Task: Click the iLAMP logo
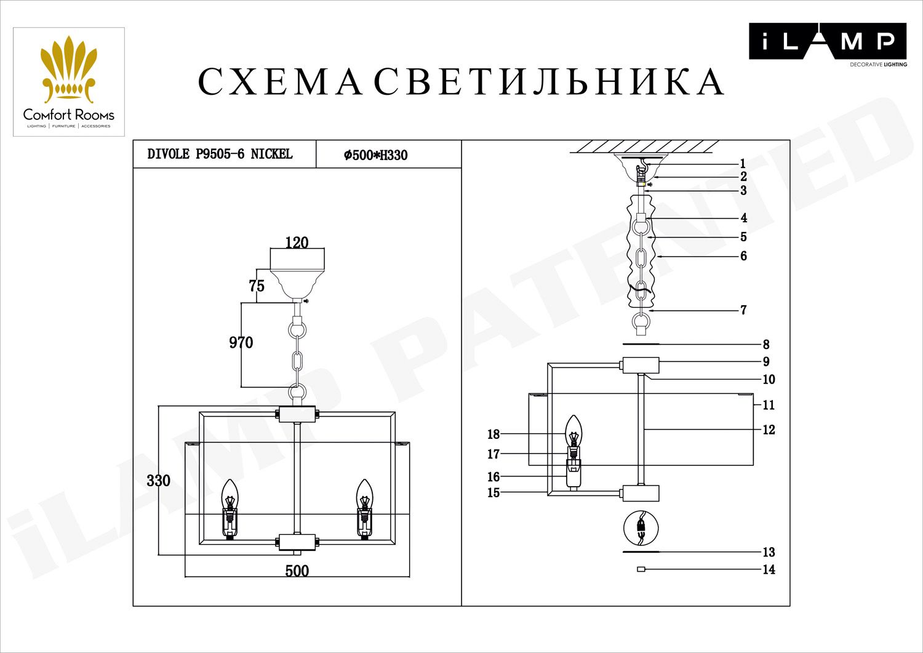(827, 41)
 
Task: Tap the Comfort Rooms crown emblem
(69, 70)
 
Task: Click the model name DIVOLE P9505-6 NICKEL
(220, 154)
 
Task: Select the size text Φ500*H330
(375, 155)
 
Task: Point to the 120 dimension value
(297, 242)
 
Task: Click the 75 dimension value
(257, 286)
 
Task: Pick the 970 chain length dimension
(241, 342)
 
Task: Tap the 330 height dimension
(158, 481)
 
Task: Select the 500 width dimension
(297, 571)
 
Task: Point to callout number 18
(493, 435)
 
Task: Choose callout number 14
(769, 569)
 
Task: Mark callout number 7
(743, 310)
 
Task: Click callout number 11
(769, 405)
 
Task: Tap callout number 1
(743, 164)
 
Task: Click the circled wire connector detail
(641, 528)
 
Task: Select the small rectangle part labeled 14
(641, 569)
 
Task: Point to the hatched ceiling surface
(641, 147)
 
